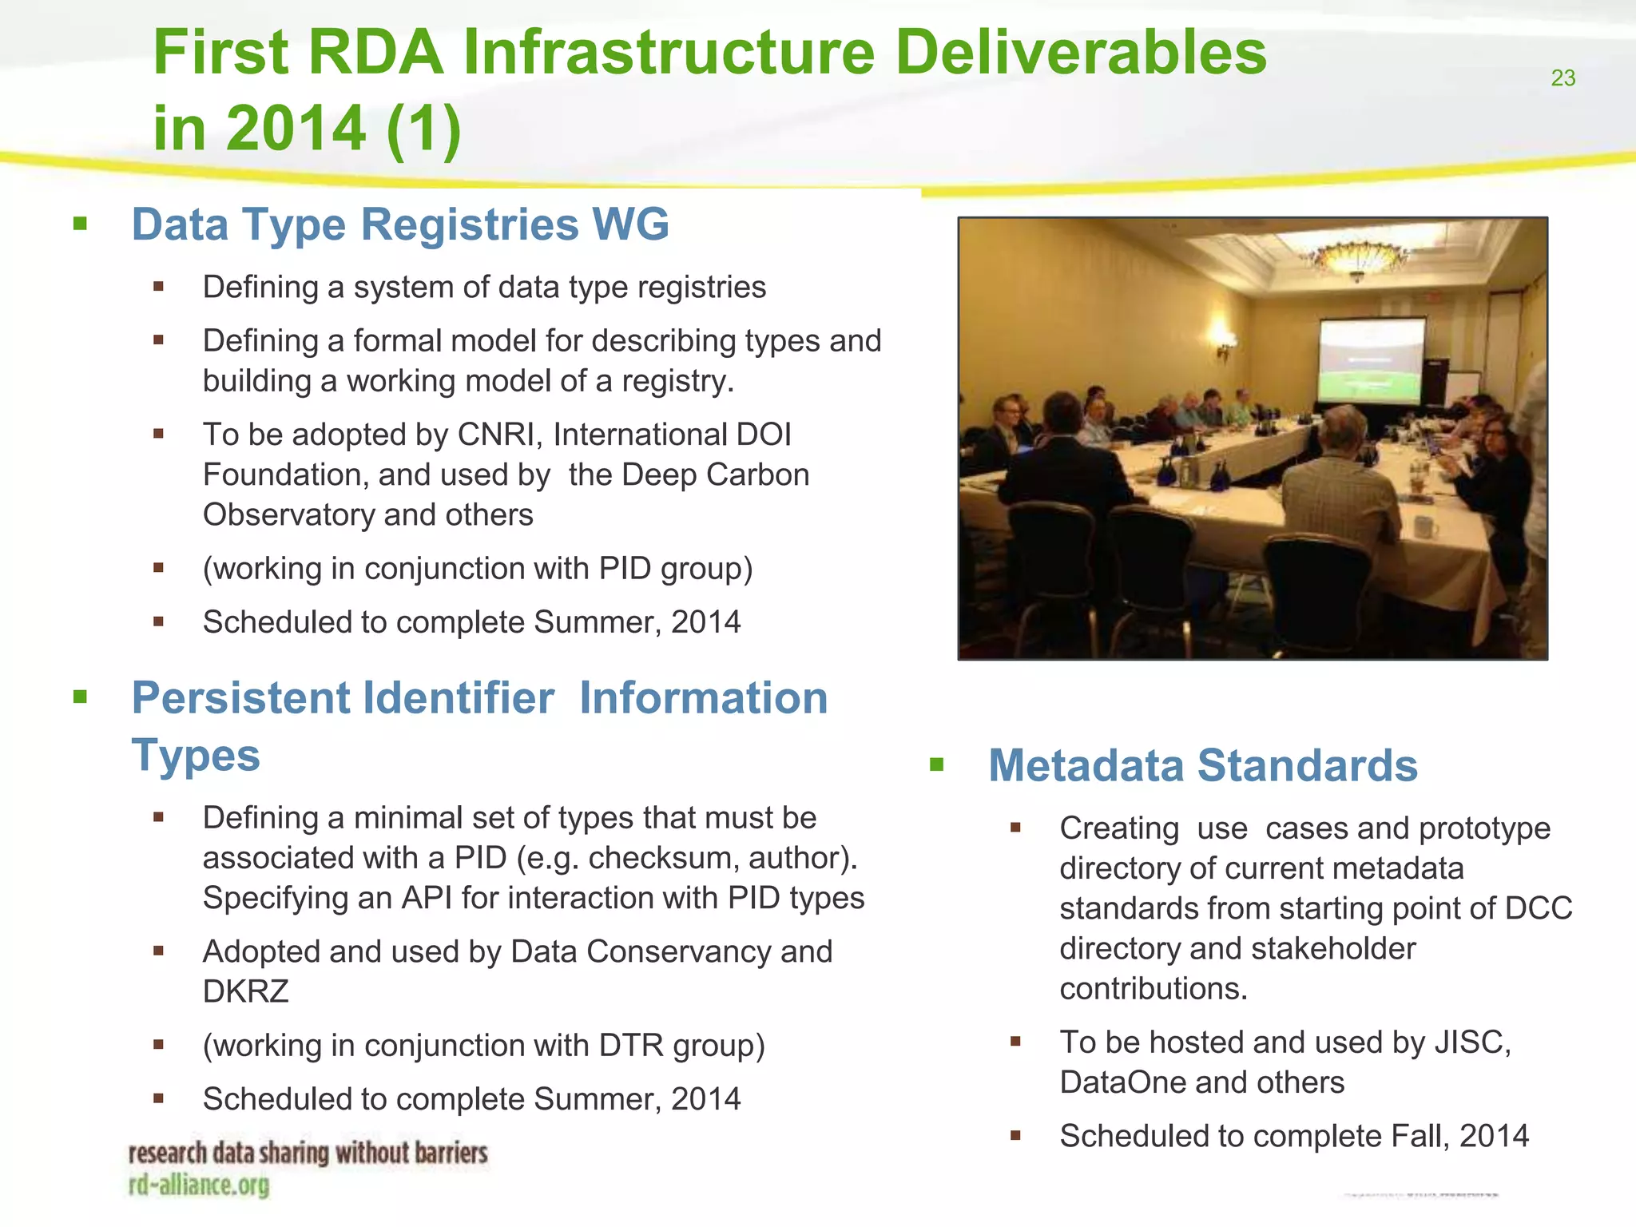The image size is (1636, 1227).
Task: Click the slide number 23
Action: [1563, 78]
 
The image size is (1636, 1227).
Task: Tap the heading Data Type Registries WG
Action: [400, 224]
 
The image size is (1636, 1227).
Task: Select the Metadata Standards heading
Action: [1202, 765]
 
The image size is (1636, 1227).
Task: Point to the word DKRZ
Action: [245, 992]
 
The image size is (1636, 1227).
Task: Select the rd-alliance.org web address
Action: [199, 1185]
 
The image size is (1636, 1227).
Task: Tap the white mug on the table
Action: [1425, 527]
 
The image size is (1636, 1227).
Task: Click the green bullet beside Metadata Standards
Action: [937, 766]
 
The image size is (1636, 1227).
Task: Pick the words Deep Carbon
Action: [715, 475]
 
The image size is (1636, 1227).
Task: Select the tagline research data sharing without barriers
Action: [308, 1154]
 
